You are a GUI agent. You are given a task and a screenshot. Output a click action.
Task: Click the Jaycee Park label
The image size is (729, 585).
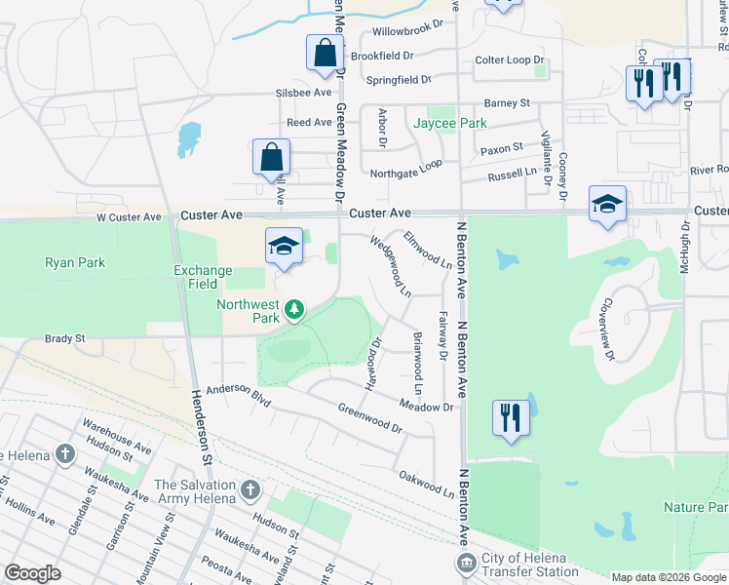click(x=449, y=124)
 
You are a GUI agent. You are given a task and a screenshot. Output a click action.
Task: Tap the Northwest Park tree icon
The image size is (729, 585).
click(x=293, y=311)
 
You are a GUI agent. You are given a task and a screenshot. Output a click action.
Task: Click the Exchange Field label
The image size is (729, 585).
click(x=203, y=277)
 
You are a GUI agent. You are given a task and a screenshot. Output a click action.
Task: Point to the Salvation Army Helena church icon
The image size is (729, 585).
click(x=249, y=488)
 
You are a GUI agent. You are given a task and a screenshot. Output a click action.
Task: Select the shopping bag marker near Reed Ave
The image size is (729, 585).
click(x=271, y=159)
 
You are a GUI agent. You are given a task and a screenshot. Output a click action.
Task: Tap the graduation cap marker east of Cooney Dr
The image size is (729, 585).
click(x=607, y=205)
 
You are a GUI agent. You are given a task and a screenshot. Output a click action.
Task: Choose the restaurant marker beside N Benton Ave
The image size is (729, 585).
click(x=511, y=418)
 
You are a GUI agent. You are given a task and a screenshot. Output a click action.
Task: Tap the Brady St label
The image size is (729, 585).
click(x=64, y=338)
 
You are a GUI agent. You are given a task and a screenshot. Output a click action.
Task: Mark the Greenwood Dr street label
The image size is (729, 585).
click(x=369, y=418)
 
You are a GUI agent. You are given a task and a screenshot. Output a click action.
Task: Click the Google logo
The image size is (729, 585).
click(x=32, y=573)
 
